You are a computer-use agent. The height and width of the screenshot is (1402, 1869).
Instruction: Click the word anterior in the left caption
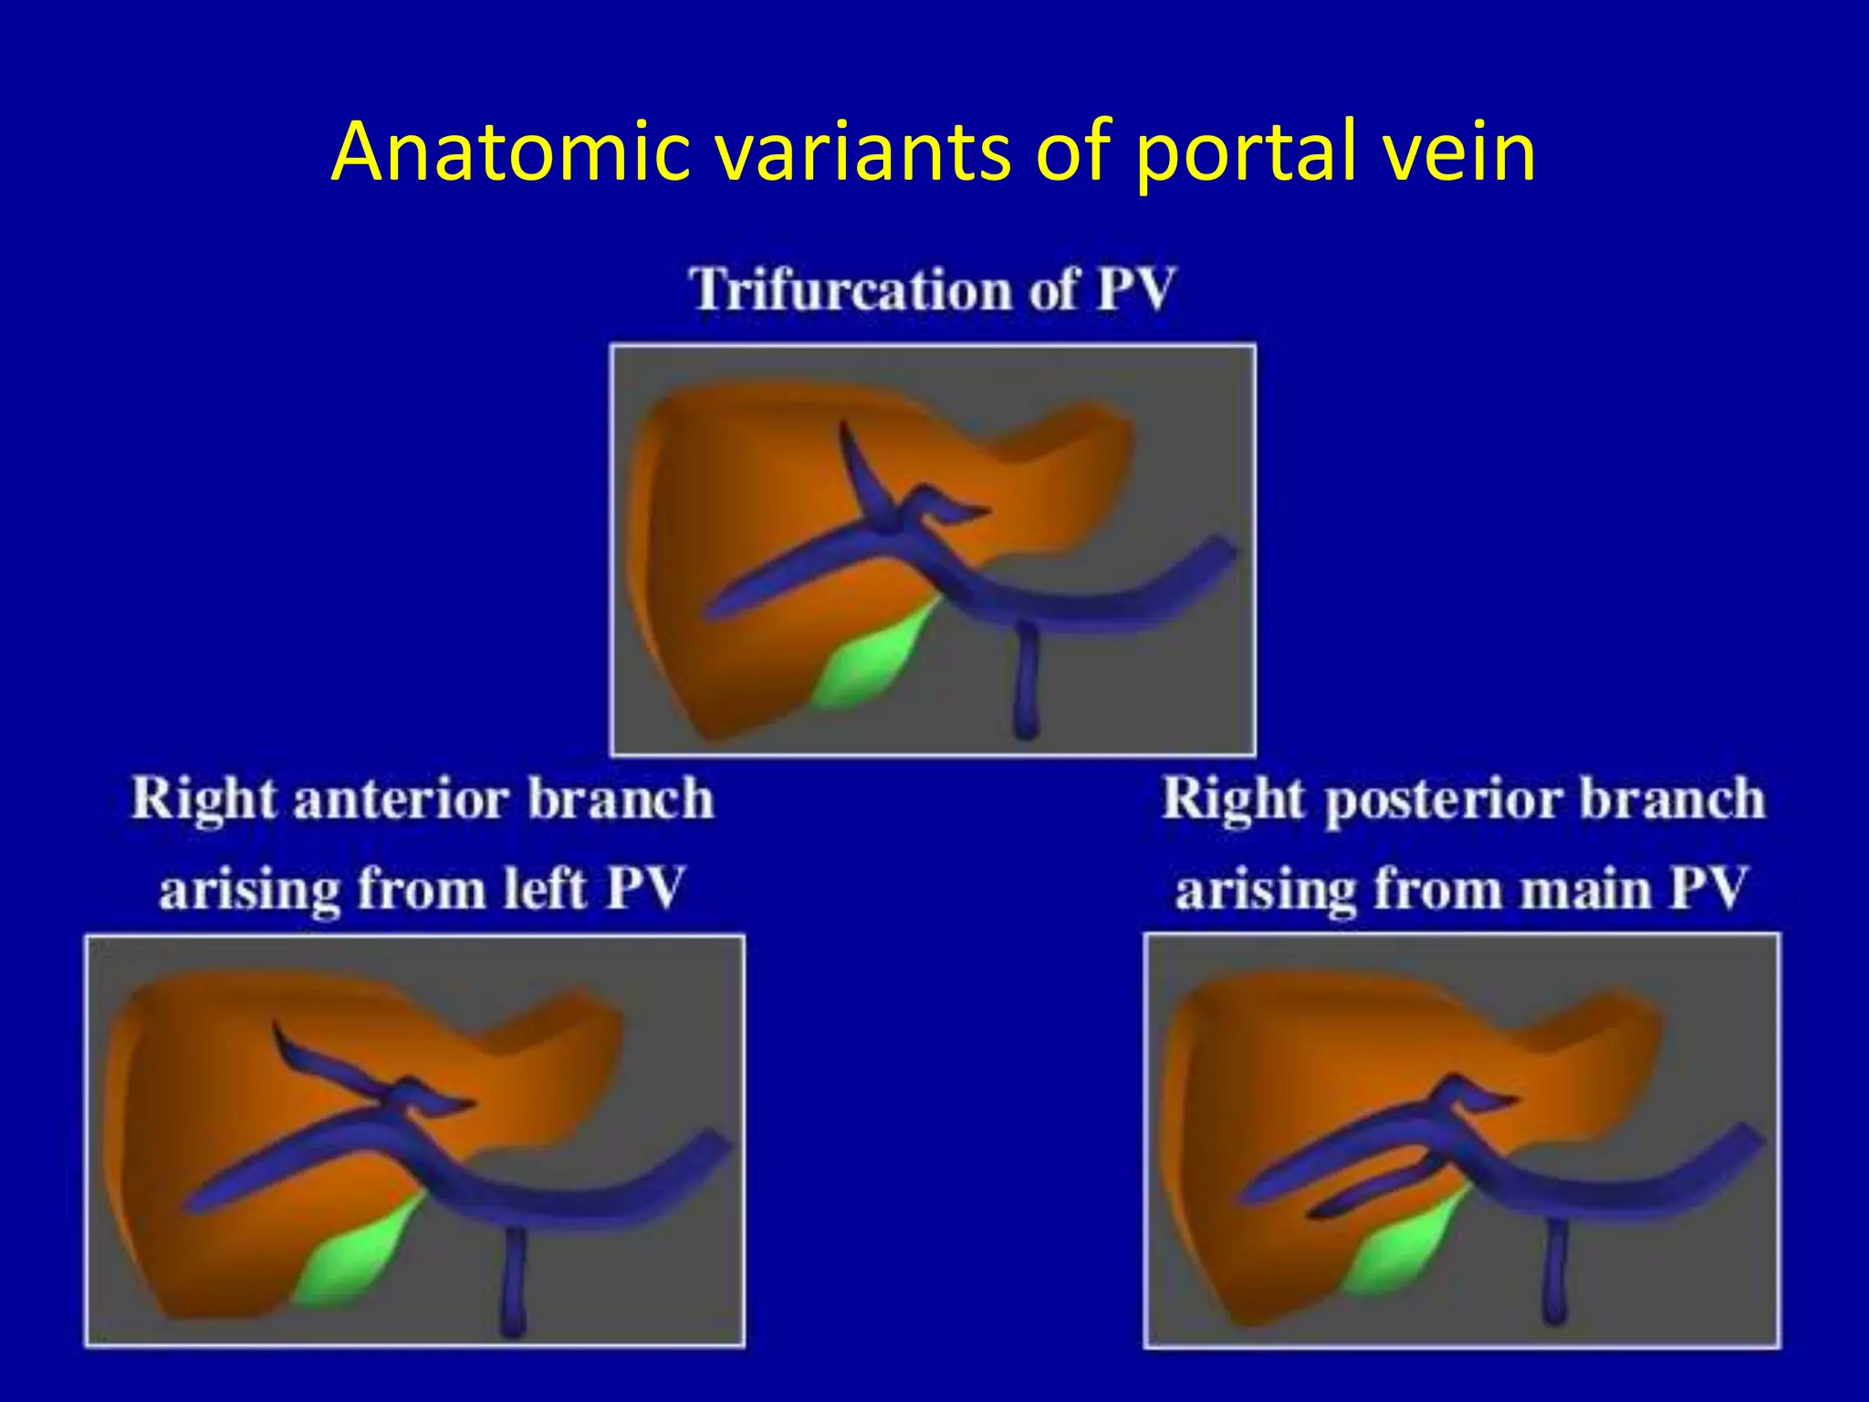pyautogui.click(x=402, y=799)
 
